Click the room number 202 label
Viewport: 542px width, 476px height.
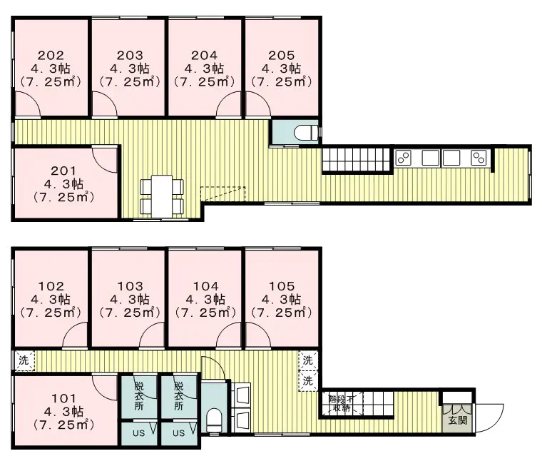(51, 56)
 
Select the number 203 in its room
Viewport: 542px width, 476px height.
(130, 56)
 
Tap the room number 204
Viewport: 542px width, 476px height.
(204, 56)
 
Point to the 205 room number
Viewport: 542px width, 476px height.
(282, 56)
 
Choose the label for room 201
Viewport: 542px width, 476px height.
(63, 171)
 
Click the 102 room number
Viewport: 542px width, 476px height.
(51, 286)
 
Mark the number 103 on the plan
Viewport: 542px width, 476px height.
(130, 286)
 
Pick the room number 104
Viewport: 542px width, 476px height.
(205, 286)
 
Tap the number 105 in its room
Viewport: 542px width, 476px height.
(282, 286)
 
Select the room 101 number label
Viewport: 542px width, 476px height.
(63, 398)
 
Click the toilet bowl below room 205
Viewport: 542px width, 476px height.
(305, 132)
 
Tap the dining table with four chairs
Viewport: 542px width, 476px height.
(161, 196)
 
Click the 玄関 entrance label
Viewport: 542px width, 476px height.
(458, 420)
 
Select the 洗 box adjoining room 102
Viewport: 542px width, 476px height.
(24, 360)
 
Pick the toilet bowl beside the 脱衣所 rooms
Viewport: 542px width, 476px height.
(214, 420)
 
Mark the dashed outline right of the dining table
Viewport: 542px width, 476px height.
(223, 194)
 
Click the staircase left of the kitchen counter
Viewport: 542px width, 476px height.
(357, 159)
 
